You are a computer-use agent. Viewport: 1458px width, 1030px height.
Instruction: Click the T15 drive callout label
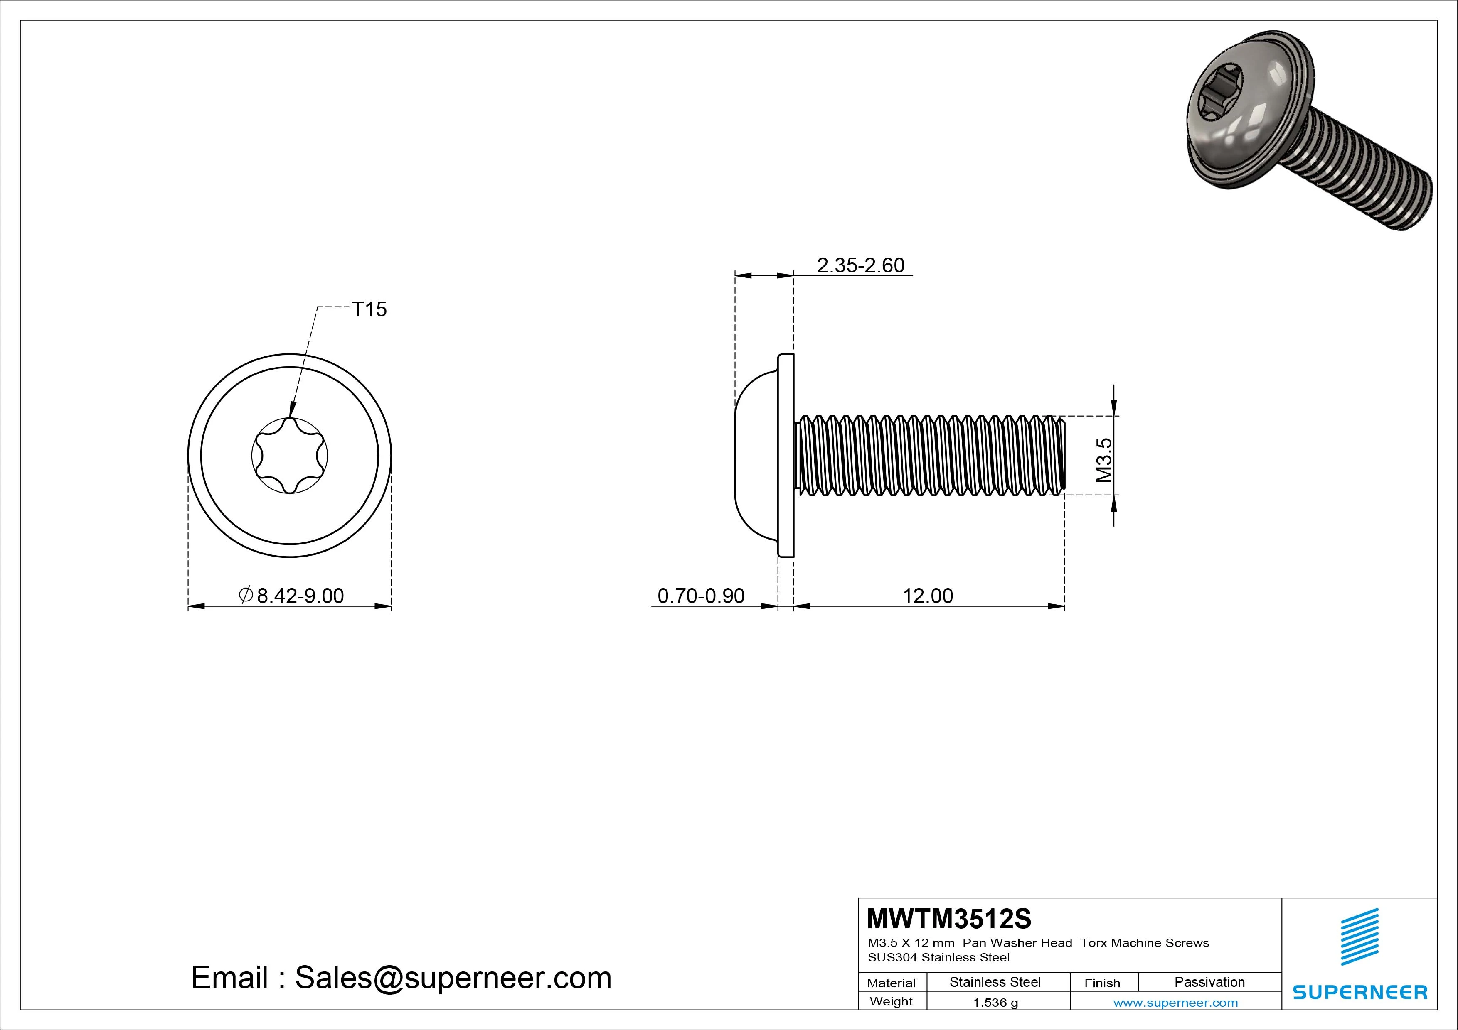[369, 310]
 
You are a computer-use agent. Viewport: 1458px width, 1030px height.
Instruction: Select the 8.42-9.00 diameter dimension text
[300, 596]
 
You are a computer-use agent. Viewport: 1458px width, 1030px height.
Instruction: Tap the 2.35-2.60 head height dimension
[860, 265]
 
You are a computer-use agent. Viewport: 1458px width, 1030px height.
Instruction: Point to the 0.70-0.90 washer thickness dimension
[700, 596]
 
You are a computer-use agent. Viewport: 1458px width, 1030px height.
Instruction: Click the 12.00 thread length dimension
[928, 596]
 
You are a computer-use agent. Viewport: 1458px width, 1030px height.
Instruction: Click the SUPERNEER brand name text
[1359, 992]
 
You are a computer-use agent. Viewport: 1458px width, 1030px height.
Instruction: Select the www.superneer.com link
[1175, 1003]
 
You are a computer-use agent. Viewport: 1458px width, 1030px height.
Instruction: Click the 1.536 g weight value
[995, 1003]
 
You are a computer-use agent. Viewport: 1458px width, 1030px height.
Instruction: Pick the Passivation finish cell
[1209, 982]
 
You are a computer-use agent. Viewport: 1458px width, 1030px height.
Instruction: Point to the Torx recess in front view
[290, 455]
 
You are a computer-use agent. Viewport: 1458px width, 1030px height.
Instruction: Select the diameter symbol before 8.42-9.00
[246, 595]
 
